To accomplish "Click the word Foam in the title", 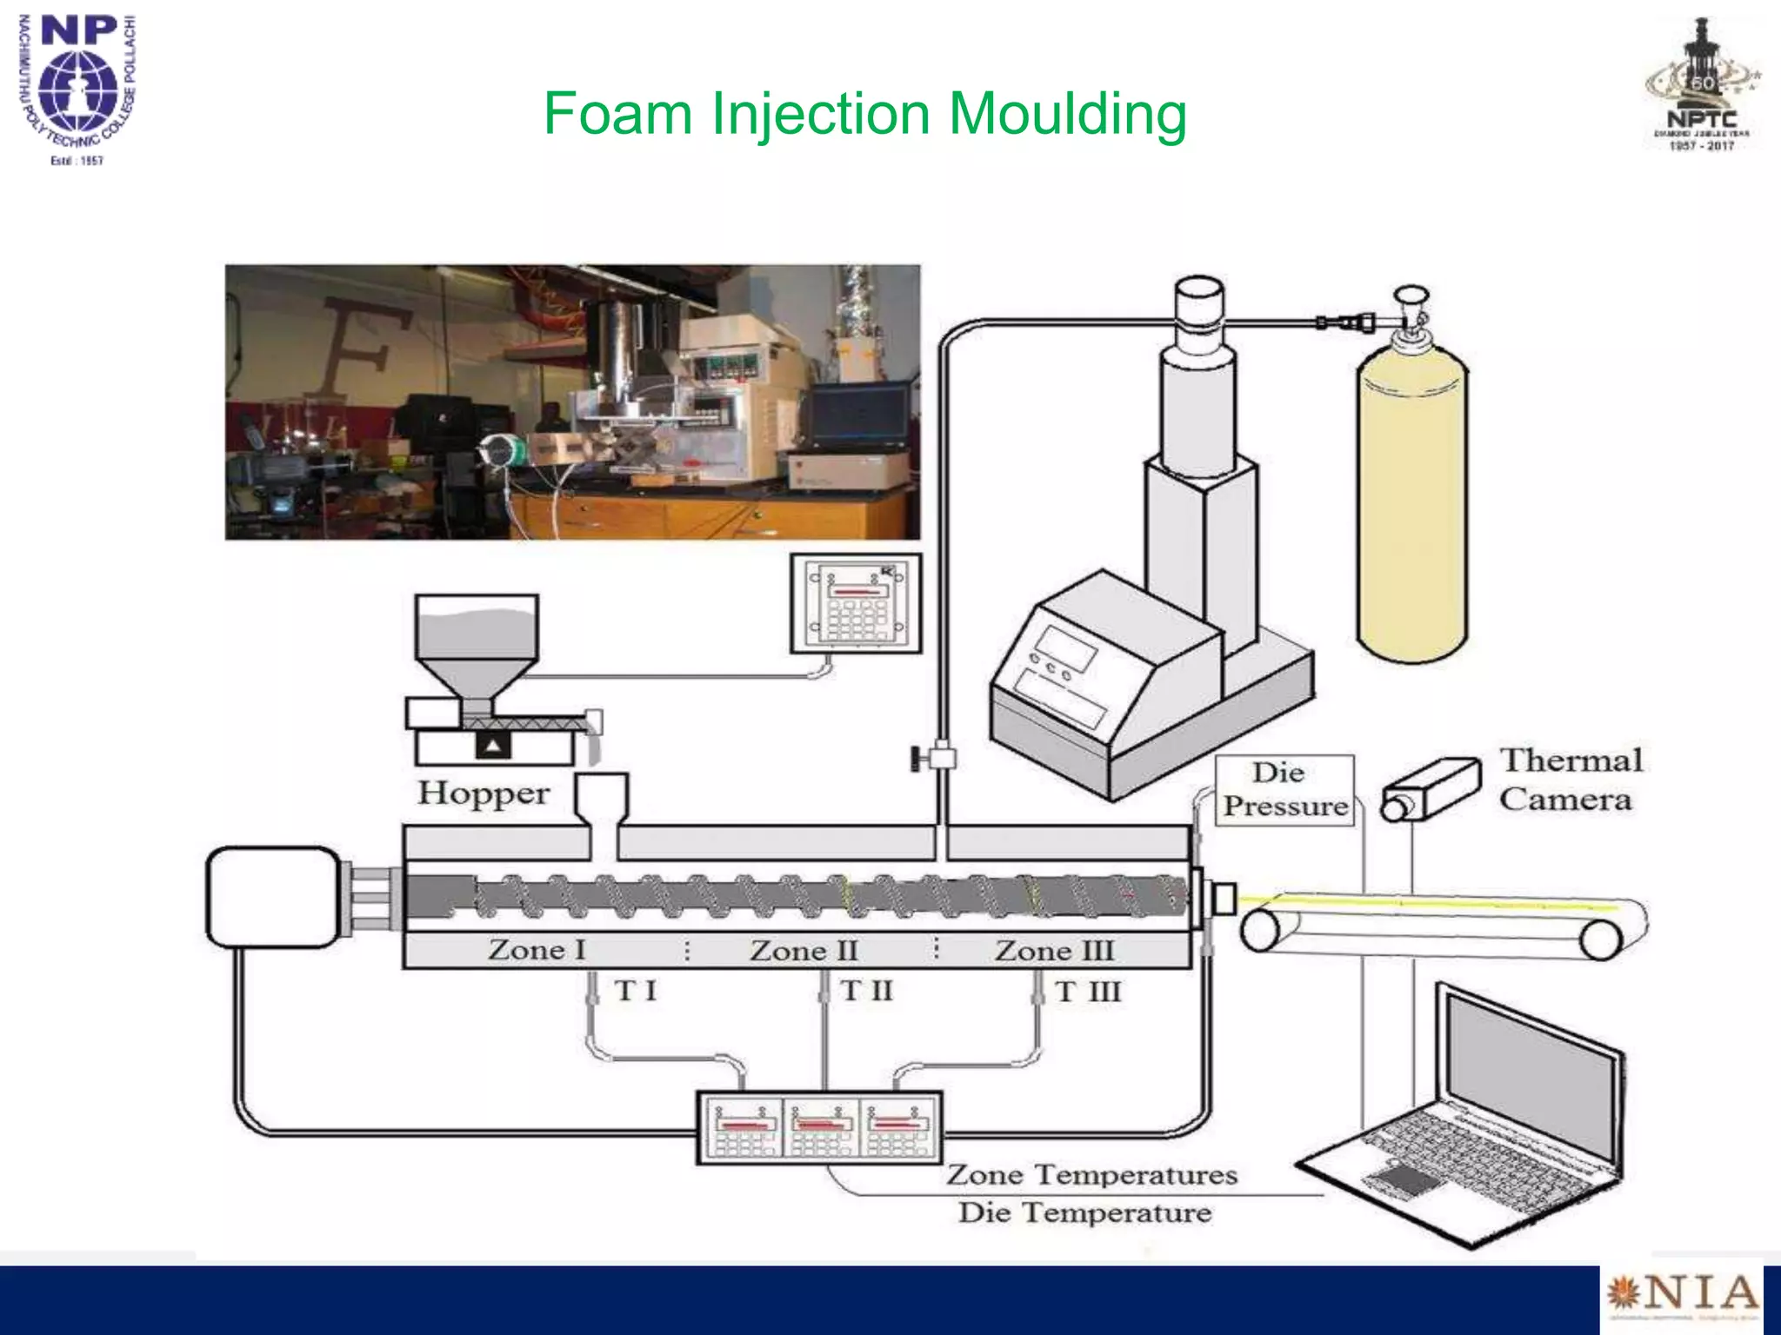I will click(617, 114).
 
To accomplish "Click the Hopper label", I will click(484, 793).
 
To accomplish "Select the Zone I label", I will click(537, 949).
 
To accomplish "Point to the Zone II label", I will click(804, 950).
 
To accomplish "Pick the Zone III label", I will click(1054, 950).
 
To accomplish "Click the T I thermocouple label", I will click(635, 990).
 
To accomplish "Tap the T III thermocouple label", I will click(1088, 992).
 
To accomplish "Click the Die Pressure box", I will click(1284, 790).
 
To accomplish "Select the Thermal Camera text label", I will click(1570, 780).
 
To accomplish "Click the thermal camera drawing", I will click(1431, 790).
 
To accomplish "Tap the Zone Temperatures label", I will click(1091, 1174).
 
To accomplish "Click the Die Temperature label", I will click(1084, 1212).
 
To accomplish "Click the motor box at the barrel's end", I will click(273, 897).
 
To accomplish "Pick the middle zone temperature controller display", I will click(821, 1127).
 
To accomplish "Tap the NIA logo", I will click(1681, 1295).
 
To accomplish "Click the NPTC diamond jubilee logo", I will click(1702, 87).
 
